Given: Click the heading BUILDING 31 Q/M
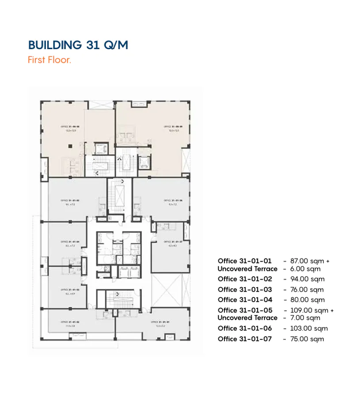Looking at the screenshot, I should coord(78,45).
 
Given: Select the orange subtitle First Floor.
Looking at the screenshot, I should coord(49,60).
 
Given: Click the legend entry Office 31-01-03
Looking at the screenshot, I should coord(245,290).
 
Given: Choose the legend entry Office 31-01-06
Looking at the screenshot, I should coord(245,329).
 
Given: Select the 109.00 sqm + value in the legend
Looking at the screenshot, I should coord(311,311).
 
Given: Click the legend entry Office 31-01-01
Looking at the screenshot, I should coord(245,261).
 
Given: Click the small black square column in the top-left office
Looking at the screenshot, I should coord(69,146).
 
